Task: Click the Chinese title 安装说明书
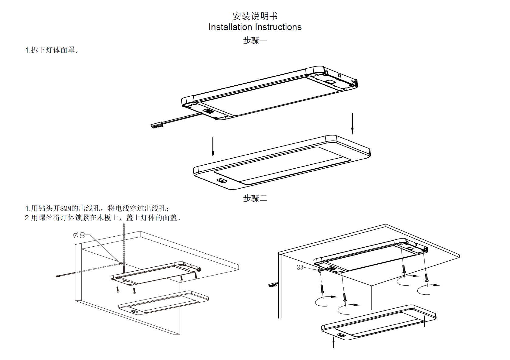(255, 16)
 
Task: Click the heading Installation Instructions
(255, 27)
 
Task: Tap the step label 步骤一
(255, 40)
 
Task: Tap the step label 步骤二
(255, 198)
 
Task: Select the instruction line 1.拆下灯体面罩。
(52, 50)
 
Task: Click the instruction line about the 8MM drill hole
(97, 208)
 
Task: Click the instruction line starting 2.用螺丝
(103, 218)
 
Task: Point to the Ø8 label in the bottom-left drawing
(79, 235)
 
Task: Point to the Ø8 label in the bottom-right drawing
(300, 267)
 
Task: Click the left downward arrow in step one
(213, 147)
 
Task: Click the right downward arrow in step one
(352, 123)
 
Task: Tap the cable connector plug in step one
(157, 125)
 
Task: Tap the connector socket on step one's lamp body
(208, 111)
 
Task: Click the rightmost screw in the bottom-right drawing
(427, 278)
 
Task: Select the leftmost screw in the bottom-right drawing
(322, 288)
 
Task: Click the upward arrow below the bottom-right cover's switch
(333, 343)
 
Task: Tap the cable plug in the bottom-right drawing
(273, 285)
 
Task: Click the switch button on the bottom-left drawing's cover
(133, 311)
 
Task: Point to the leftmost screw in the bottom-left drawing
(118, 290)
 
